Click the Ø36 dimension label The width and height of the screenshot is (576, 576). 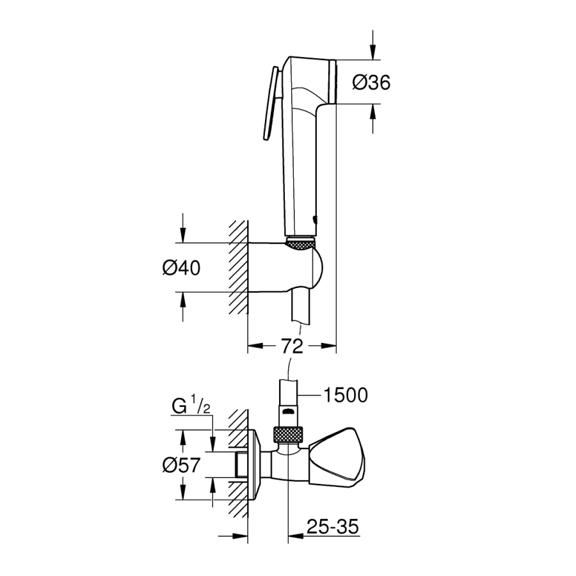tap(371, 82)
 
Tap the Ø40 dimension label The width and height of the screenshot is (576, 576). tap(181, 268)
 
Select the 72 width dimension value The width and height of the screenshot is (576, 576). tap(292, 347)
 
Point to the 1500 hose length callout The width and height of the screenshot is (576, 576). tap(346, 396)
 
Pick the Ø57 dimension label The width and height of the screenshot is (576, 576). tap(181, 465)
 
